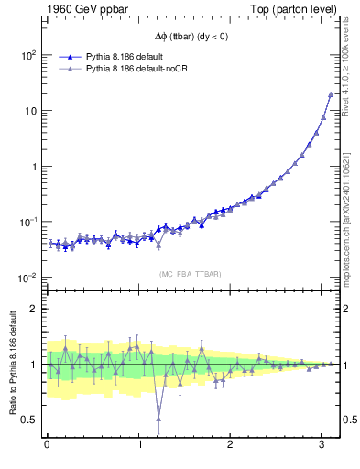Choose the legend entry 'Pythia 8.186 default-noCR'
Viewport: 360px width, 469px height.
point(137,68)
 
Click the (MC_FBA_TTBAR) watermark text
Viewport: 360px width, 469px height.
point(191,275)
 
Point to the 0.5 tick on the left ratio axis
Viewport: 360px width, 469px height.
point(30,420)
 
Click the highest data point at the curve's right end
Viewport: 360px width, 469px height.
point(331,94)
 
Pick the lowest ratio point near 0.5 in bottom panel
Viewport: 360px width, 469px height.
point(158,420)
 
